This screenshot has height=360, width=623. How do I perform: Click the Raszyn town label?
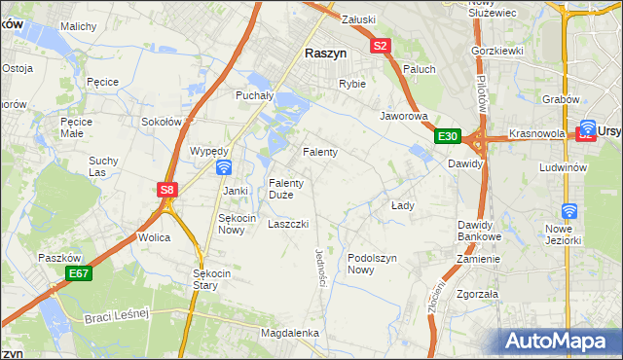(328, 55)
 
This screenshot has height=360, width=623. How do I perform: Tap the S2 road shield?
(381, 46)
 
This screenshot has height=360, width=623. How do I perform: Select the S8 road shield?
(167, 191)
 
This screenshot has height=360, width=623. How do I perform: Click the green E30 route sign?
(447, 137)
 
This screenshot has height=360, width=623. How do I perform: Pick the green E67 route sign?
(80, 275)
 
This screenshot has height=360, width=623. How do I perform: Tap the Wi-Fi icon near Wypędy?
(223, 167)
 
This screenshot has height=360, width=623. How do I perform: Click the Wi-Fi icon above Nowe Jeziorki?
(569, 211)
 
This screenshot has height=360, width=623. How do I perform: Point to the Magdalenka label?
(290, 333)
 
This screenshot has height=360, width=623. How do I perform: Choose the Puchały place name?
(258, 95)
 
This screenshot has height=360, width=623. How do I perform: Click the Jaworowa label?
(404, 115)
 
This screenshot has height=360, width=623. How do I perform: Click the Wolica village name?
(154, 237)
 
